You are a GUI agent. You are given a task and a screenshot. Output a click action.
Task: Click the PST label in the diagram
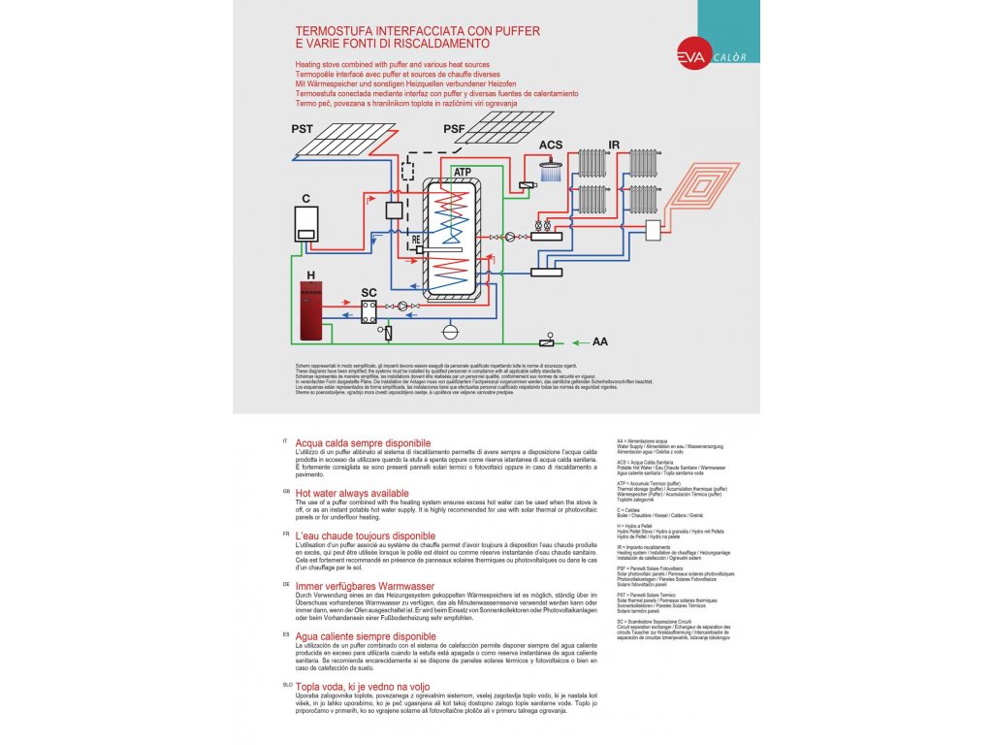(x=302, y=129)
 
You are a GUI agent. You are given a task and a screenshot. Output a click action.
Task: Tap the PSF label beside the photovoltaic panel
(x=454, y=129)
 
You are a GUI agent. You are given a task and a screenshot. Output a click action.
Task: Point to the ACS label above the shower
(x=551, y=146)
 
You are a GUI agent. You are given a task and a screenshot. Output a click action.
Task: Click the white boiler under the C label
(x=306, y=224)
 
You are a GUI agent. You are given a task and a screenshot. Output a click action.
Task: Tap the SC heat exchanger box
(x=369, y=310)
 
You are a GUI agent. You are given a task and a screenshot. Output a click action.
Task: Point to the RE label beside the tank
(x=416, y=238)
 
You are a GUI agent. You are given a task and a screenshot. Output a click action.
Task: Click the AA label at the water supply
(x=600, y=341)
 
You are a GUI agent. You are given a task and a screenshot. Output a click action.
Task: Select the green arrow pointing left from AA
(x=578, y=341)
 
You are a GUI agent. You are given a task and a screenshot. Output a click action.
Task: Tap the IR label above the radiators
(x=613, y=146)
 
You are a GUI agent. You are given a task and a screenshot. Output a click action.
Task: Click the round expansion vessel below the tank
(x=450, y=331)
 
